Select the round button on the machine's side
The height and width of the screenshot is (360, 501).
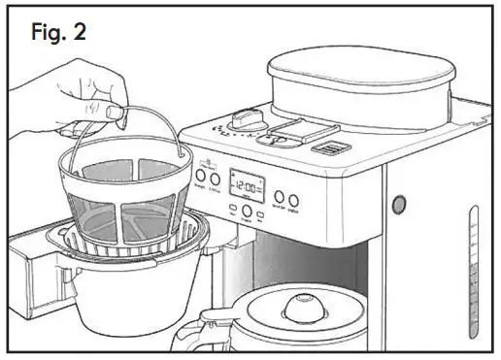point(397,205)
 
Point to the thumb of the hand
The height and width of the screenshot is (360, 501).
point(115,113)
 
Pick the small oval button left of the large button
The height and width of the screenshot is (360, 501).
point(232,208)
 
